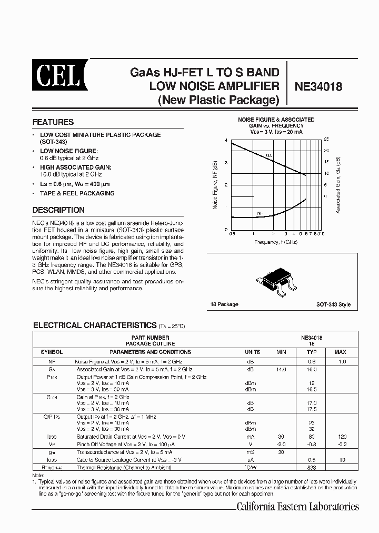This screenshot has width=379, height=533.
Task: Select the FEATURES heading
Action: (53, 122)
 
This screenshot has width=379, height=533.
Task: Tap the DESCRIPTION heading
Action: (58, 210)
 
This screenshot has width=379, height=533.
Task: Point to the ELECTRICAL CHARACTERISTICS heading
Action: (95, 325)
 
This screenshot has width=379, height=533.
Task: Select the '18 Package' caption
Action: (225, 304)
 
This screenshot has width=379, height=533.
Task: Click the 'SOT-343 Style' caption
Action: (333, 304)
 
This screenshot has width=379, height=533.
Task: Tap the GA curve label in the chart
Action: (268, 156)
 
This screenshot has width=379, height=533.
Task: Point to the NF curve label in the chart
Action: (260, 213)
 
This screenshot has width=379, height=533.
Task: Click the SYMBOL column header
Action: (52, 352)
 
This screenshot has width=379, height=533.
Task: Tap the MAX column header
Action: (341, 352)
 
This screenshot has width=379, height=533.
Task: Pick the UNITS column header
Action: (252, 352)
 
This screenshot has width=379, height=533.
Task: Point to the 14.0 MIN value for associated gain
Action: (281, 370)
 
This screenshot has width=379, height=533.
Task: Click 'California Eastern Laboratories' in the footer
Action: (297, 507)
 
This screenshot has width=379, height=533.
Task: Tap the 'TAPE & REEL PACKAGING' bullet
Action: (77, 193)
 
